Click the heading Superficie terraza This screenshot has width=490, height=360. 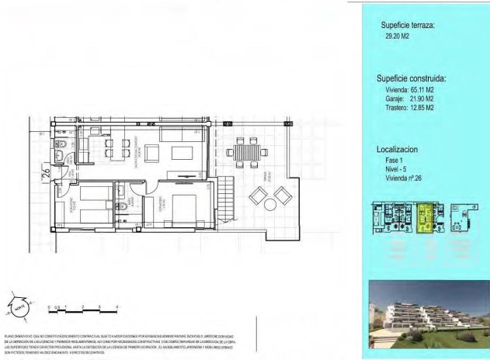[x=407, y=26]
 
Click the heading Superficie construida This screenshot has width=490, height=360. [x=411, y=78]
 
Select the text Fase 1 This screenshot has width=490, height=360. [x=395, y=158]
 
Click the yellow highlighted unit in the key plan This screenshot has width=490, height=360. [x=426, y=217]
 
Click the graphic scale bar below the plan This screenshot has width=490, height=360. [x=82, y=309]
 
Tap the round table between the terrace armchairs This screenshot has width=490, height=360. [x=269, y=205]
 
